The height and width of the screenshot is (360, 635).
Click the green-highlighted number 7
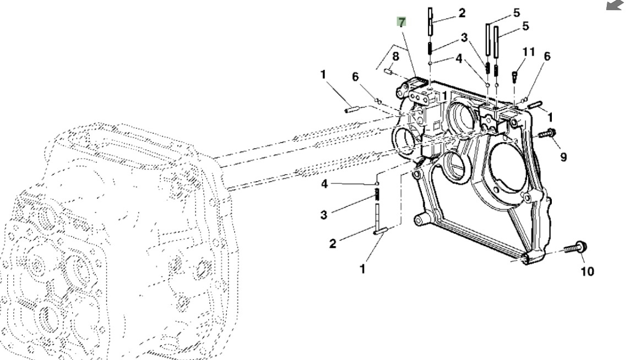click(401, 22)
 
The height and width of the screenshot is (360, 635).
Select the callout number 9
click(563, 157)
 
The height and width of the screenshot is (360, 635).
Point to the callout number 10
click(588, 271)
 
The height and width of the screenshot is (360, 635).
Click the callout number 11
click(529, 52)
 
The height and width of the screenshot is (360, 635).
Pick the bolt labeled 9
click(547, 133)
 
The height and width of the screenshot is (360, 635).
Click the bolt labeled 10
click(576, 248)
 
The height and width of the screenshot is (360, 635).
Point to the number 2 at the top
click(462, 12)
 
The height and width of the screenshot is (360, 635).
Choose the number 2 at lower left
click(333, 243)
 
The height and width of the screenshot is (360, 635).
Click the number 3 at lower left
click(324, 214)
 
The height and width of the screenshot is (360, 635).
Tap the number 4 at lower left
click(324, 184)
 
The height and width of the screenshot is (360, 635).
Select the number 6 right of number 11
click(547, 56)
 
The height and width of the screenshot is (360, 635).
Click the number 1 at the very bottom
click(362, 269)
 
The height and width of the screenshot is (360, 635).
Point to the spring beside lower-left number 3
click(377, 194)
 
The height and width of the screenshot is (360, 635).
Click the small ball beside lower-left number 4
click(377, 182)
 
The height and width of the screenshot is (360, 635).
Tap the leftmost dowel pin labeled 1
click(352, 109)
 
